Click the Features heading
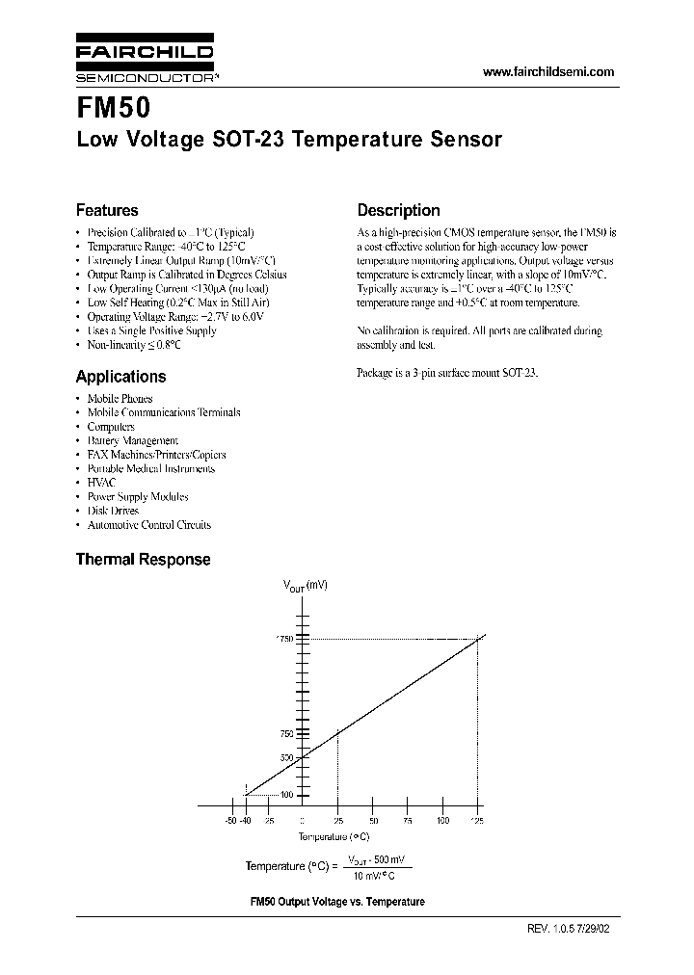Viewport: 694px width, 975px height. pyautogui.click(x=107, y=210)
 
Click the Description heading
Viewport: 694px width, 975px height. pyautogui.click(x=398, y=210)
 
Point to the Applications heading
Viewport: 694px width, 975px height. pyautogui.click(x=120, y=377)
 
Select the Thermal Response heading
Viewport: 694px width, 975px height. pyautogui.click(x=143, y=559)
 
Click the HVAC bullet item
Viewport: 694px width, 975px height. pyautogui.click(x=101, y=483)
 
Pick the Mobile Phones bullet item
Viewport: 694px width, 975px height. pyautogui.click(x=120, y=398)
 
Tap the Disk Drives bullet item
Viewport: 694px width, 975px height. pyautogui.click(x=113, y=511)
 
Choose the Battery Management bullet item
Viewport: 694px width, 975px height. pyautogui.click(x=132, y=440)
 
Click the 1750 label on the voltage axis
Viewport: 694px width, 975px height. pyautogui.click(x=284, y=639)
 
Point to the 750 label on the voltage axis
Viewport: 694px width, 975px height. pyautogui.click(x=286, y=734)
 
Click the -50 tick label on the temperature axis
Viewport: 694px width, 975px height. pyautogui.click(x=230, y=820)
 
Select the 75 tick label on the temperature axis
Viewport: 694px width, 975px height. pyautogui.click(x=408, y=820)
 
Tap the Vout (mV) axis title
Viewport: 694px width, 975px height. pyautogui.click(x=305, y=586)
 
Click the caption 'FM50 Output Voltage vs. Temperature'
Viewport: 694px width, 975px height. pyautogui.click(x=337, y=902)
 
